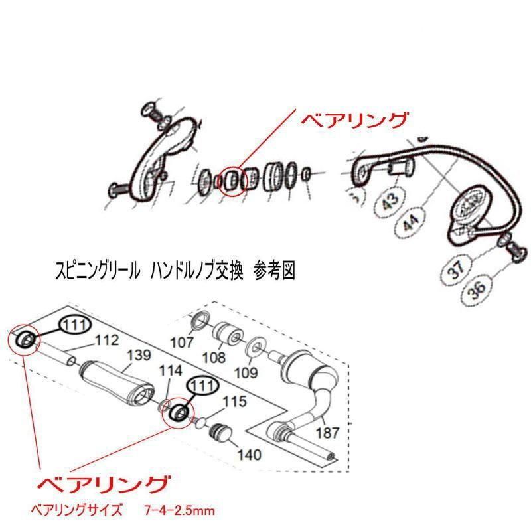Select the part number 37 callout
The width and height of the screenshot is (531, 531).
pyautogui.click(x=458, y=268)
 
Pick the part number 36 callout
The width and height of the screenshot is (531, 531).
pyautogui.click(x=478, y=289)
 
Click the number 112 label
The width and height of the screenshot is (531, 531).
pyautogui.click(x=107, y=341)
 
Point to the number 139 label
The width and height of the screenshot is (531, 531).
pyautogui.click(x=139, y=355)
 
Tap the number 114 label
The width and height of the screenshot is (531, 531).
pyautogui.click(x=171, y=371)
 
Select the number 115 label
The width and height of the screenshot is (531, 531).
pyautogui.click(x=234, y=402)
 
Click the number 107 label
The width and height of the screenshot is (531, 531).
pyautogui.click(x=182, y=342)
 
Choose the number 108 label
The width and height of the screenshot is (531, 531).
pyautogui.click(x=214, y=357)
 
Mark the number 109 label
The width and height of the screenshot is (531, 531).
pyautogui.click(x=246, y=373)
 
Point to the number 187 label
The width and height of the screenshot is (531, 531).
pyautogui.click(x=327, y=433)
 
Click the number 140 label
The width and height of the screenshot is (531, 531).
pyautogui.click(x=250, y=455)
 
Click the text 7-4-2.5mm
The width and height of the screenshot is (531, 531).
pyautogui.click(x=179, y=510)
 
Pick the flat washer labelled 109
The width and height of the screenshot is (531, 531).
pyautogui.click(x=256, y=346)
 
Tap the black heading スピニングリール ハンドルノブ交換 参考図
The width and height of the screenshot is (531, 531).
pyautogui.click(x=175, y=271)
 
